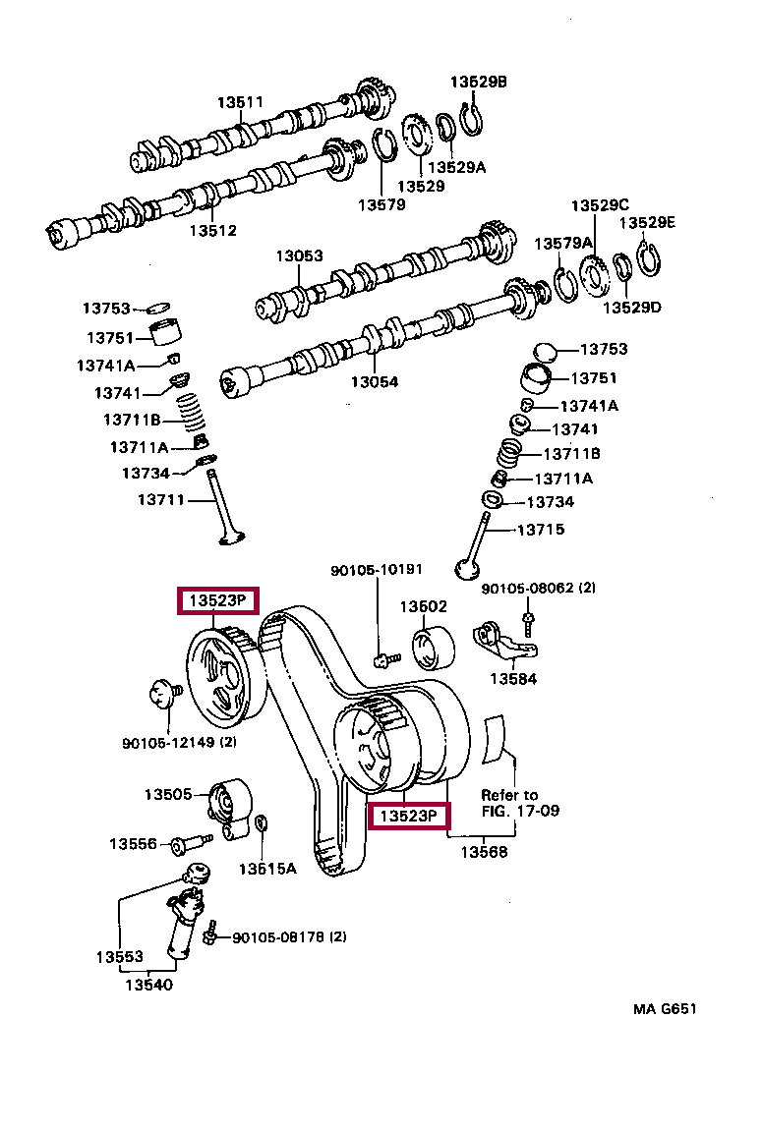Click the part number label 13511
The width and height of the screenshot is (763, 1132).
(x=241, y=102)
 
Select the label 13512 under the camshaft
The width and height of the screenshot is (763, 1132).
(x=213, y=230)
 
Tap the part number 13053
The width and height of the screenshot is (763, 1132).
(x=299, y=255)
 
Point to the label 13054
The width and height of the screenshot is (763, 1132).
(x=375, y=382)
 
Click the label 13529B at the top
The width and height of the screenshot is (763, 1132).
(x=478, y=82)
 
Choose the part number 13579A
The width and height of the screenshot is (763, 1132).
(x=563, y=244)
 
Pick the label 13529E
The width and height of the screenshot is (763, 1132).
(x=647, y=222)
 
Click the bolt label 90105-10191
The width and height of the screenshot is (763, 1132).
(x=377, y=570)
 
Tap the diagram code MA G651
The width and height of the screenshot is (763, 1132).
(x=665, y=1009)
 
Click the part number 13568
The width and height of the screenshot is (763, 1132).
(x=484, y=852)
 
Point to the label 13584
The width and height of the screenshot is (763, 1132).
(x=513, y=679)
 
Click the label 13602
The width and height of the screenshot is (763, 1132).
(x=424, y=606)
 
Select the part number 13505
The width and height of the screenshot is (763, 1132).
(x=167, y=794)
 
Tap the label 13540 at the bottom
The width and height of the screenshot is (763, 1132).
(x=148, y=985)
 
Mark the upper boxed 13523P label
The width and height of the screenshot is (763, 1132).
(x=218, y=600)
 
